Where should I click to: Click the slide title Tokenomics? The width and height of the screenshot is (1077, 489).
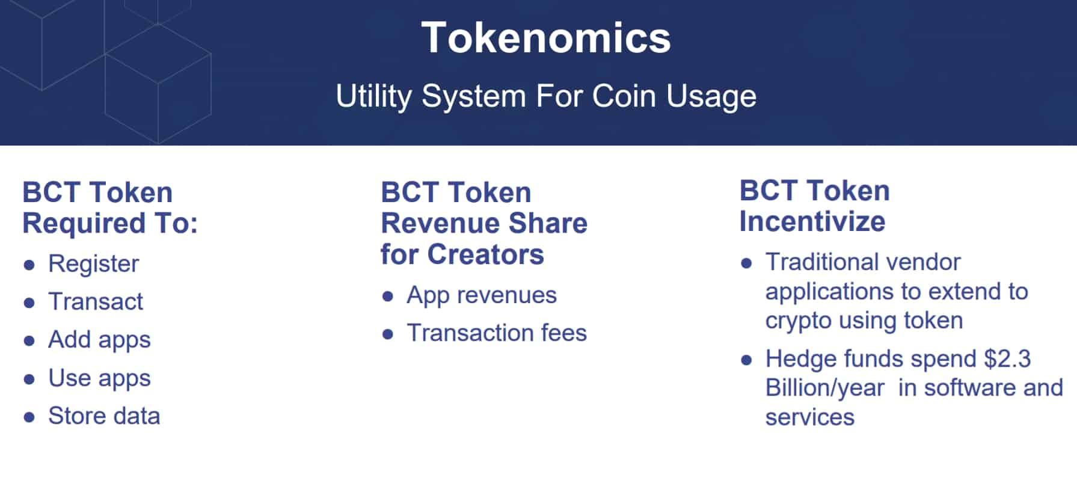tap(545, 38)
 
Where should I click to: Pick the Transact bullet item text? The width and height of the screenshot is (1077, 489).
tap(96, 301)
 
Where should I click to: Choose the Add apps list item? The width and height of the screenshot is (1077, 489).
tap(99, 340)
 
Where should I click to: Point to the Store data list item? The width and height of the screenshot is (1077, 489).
tap(104, 416)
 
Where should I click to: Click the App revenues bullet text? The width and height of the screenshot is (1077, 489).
tap(482, 296)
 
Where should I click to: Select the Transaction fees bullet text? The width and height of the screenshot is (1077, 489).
tap(497, 333)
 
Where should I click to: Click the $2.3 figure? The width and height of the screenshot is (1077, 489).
tap(1007, 358)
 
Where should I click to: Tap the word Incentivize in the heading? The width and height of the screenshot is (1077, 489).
tap(812, 221)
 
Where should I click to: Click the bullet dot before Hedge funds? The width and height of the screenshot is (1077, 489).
tap(746, 360)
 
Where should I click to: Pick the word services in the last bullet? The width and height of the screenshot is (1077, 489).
tap(810, 417)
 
